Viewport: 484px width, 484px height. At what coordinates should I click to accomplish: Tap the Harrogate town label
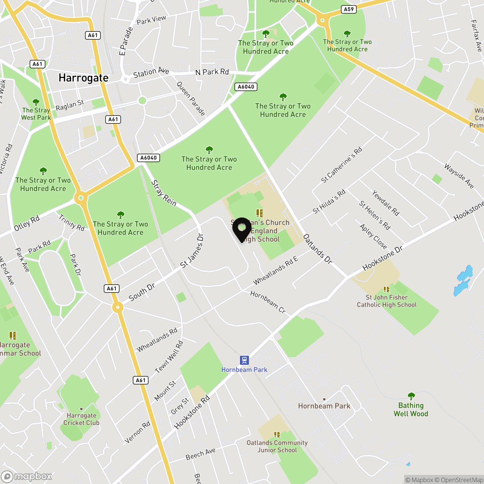pyautogui.click(x=83, y=78)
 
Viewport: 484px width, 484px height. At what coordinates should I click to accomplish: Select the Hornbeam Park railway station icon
pyautogui.click(x=244, y=360)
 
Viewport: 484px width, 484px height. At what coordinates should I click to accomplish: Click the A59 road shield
pyautogui.click(x=348, y=9)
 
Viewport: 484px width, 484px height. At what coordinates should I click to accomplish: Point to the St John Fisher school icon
pyautogui.click(x=386, y=289)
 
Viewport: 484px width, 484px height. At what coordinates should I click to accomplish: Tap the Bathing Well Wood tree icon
pyautogui.click(x=411, y=396)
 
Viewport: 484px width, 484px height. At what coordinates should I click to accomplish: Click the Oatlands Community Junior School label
pyautogui.click(x=277, y=446)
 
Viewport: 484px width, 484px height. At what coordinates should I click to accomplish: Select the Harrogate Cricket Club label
pyautogui.click(x=81, y=419)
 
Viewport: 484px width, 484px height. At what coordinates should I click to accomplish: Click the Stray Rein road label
pyautogui.click(x=164, y=193)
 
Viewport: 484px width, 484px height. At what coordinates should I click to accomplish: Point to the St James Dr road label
pyautogui.click(x=192, y=251)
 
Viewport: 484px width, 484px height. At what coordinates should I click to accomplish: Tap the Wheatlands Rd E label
pyautogui.click(x=276, y=270)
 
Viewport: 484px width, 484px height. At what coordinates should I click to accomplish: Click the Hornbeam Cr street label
pyautogui.click(x=268, y=302)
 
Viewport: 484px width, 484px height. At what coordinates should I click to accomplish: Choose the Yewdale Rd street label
pyautogui.click(x=386, y=203)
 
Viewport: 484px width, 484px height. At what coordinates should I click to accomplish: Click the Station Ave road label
pyautogui.click(x=151, y=72)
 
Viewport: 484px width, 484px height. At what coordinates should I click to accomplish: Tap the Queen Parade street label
pyautogui.click(x=191, y=99)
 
